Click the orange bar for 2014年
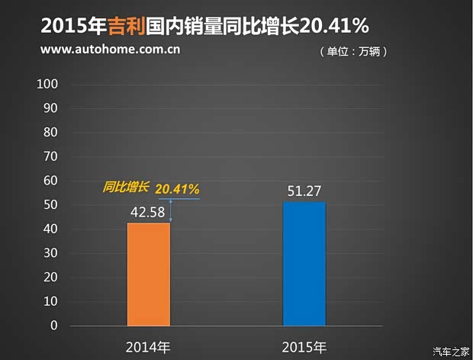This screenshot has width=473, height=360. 149,275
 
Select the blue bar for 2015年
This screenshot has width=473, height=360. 304,264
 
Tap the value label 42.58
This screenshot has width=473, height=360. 149,211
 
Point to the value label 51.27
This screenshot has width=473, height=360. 304,190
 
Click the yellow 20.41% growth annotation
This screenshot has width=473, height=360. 177,188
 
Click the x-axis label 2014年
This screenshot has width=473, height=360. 149,347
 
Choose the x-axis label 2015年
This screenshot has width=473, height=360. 304,347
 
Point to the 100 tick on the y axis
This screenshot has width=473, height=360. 48,84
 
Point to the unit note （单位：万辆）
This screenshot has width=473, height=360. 353,52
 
